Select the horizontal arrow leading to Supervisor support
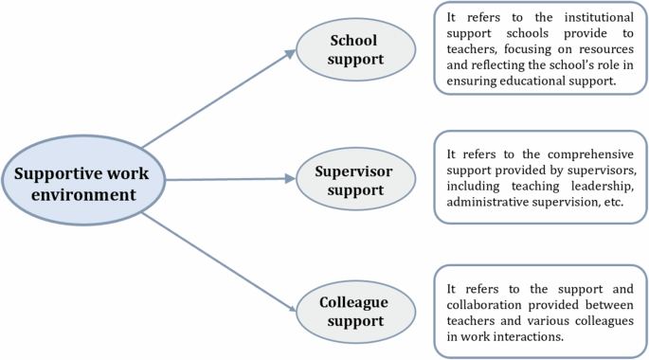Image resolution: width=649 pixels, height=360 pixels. pyautogui.click(x=218, y=177)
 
